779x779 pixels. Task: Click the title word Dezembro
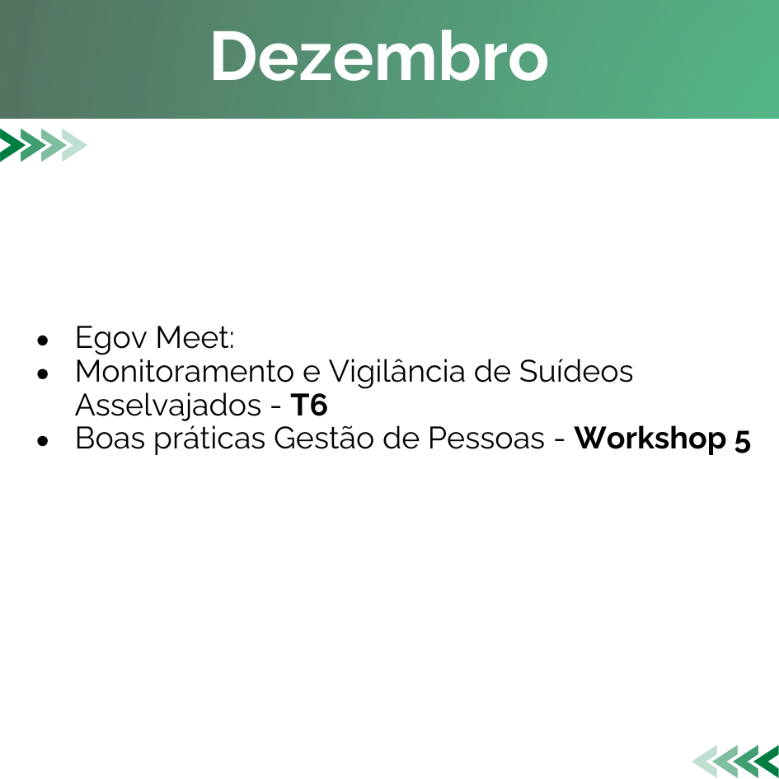379,56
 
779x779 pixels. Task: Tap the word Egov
110,338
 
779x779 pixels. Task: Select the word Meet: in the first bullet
195,337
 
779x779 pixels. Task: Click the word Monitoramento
185,371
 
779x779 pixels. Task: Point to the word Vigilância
397,372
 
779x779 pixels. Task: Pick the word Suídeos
576,371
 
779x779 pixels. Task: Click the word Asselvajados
168,406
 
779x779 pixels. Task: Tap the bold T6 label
308,405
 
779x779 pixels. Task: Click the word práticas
209,439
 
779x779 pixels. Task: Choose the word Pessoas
486,439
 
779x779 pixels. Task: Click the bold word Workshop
650,439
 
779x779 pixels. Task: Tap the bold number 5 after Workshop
742,441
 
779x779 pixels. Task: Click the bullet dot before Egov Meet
43,340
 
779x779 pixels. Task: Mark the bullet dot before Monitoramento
43,374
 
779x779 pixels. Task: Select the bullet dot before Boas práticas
43,441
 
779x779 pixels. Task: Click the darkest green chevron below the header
11,145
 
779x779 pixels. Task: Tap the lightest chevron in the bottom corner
706,761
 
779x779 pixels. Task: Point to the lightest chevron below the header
74,145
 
